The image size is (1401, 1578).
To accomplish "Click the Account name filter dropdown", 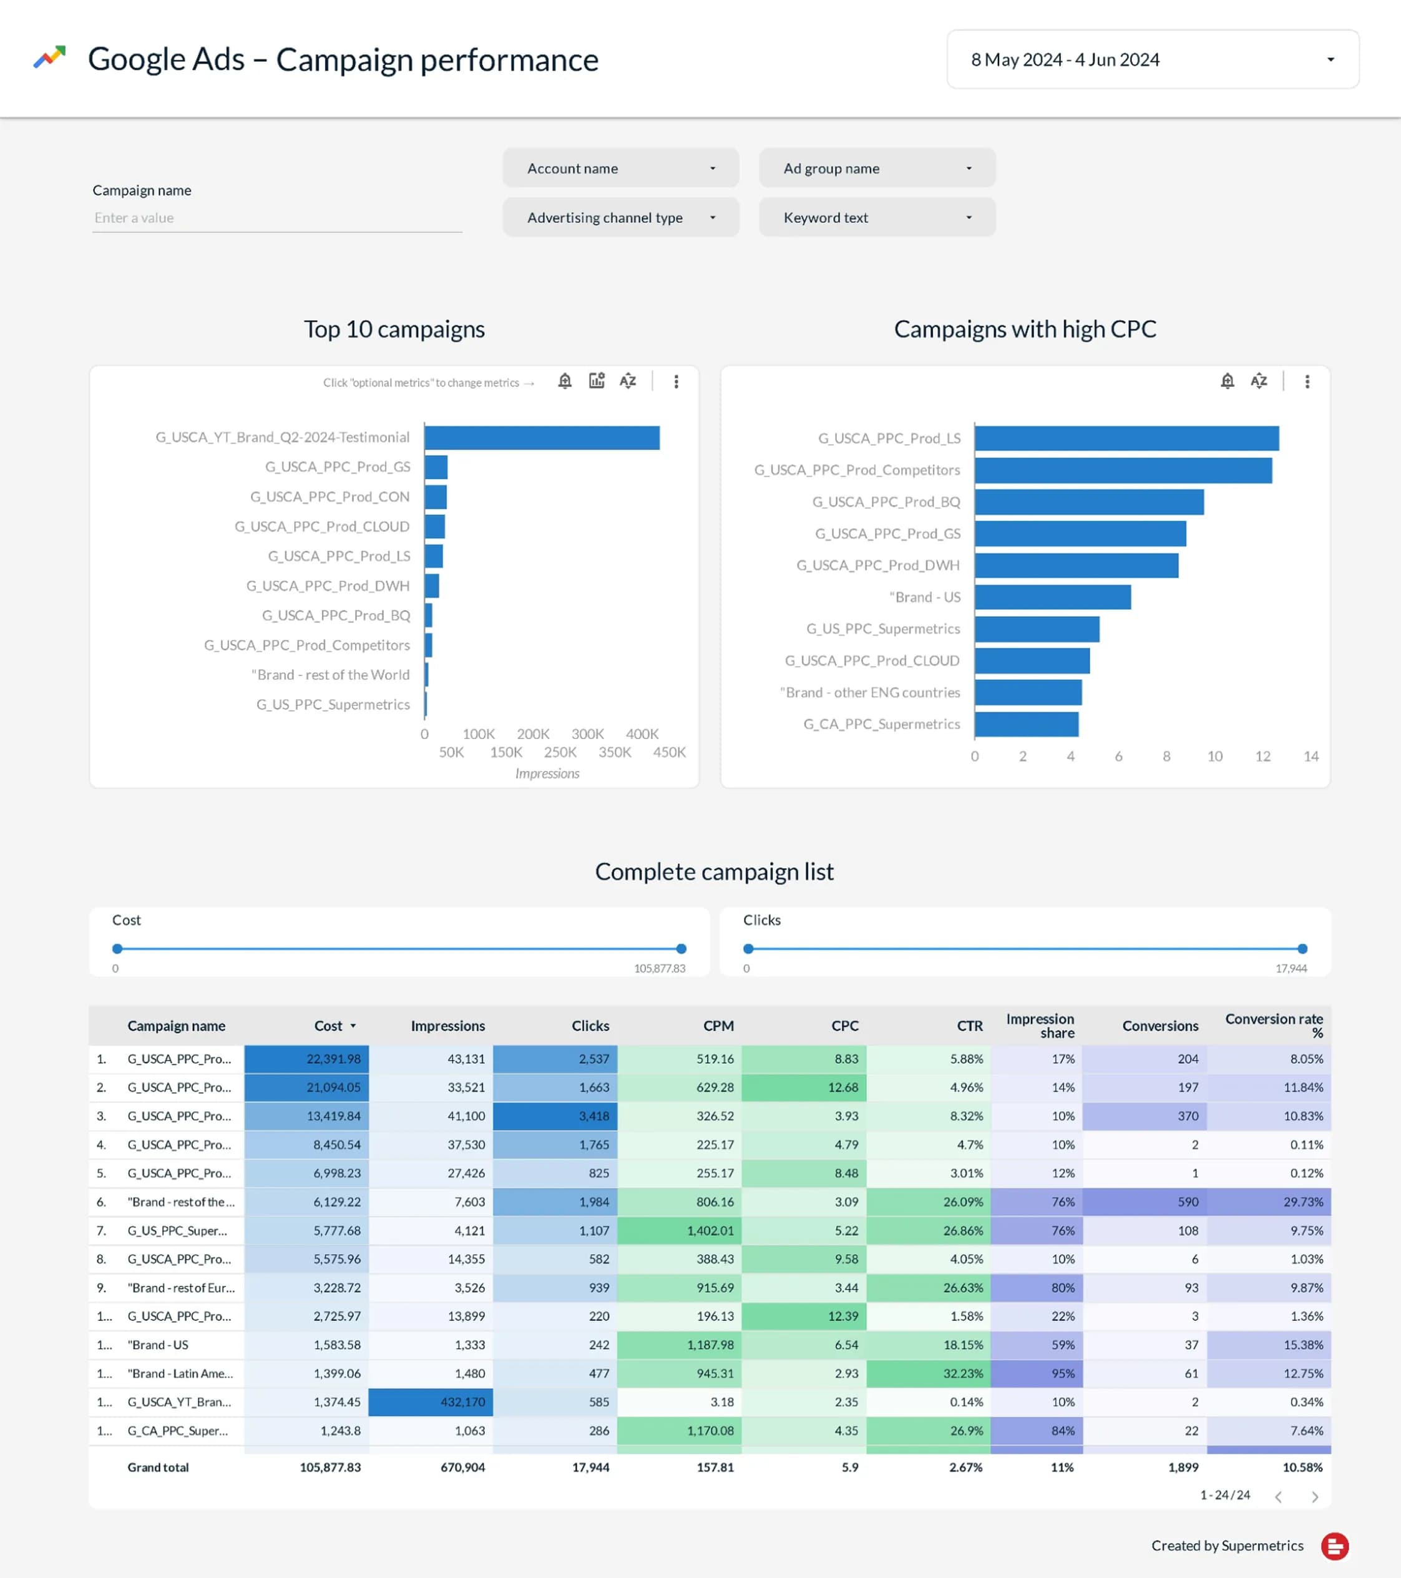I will click(620, 169).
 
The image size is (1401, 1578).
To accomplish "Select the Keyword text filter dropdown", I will click(876, 218).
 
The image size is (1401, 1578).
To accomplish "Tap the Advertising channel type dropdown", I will click(620, 218).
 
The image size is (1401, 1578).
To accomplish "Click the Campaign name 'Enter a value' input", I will click(276, 218).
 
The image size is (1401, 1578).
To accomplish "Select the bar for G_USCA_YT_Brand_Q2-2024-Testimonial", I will click(541, 438).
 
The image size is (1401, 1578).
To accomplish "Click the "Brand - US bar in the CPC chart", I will click(1052, 597).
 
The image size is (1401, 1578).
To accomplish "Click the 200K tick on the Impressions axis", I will click(532, 734).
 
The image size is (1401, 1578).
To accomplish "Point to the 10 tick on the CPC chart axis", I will click(1214, 757).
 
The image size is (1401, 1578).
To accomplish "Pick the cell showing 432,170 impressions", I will click(431, 1402).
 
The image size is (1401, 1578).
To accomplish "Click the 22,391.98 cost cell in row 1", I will click(306, 1059).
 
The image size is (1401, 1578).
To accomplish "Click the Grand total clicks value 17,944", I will click(590, 1468).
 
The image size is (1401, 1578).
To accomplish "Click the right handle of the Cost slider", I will click(681, 949).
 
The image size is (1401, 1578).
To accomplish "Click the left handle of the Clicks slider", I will click(748, 949).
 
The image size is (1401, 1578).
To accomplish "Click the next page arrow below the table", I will click(1314, 1497).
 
